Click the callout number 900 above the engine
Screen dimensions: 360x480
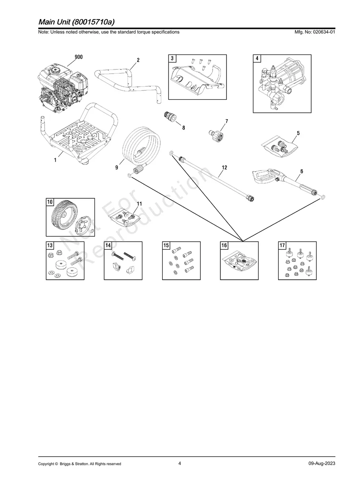79,57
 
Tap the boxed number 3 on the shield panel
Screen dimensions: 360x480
172,58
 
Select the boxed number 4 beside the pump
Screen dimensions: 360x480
257,58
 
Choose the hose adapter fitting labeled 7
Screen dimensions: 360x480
216,135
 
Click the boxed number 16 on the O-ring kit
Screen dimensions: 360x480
224,245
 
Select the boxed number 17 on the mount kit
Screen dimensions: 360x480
282,245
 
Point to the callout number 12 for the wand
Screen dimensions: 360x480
225,168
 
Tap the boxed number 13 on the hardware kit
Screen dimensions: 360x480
50,245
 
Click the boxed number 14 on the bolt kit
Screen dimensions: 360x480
108,245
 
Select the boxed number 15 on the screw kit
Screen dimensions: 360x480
166,245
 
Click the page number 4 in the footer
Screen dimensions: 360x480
180,457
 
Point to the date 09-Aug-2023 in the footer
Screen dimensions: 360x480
322,457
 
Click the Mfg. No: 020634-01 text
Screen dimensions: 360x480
315,32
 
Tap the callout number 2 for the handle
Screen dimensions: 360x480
138,60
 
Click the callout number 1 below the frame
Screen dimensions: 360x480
55,160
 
